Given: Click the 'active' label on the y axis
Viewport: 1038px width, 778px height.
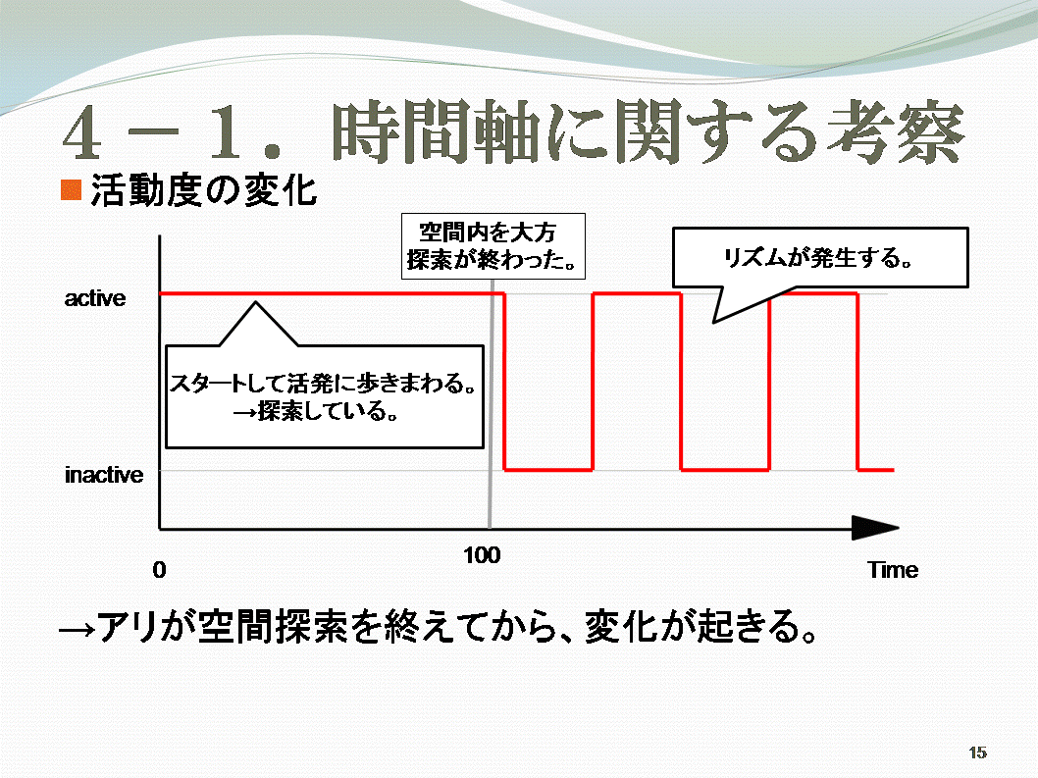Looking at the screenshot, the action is point(94,298).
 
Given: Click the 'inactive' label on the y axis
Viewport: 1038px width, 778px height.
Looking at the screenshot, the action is point(104,475).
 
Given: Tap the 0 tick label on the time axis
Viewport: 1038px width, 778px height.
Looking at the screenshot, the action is point(159,569).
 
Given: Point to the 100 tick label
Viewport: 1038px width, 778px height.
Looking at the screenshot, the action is point(482,555).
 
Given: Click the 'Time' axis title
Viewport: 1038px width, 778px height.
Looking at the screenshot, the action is point(893,569).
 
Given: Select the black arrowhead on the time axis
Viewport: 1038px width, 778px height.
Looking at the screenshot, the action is point(875,528).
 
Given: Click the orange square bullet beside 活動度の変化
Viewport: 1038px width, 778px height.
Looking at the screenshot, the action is point(71,190).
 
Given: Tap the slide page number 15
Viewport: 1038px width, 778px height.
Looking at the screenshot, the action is point(978,752).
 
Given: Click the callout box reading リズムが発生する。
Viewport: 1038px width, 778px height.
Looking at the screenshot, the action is point(820,258).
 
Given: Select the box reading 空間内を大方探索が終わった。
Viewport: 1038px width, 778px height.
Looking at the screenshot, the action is point(493,245).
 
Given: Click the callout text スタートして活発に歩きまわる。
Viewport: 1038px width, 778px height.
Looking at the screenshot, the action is point(324,383).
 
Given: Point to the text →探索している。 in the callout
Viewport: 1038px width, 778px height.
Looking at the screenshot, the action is point(317,411).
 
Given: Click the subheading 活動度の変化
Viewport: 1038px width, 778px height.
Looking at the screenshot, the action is point(204,190).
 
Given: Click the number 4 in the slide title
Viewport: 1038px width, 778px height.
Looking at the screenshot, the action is point(82,133).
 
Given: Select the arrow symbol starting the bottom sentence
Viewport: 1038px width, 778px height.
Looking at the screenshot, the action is point(77,628).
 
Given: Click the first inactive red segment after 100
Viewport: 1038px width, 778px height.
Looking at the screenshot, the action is point(548,470).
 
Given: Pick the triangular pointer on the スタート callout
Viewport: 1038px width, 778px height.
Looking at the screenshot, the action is point(258,324).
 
